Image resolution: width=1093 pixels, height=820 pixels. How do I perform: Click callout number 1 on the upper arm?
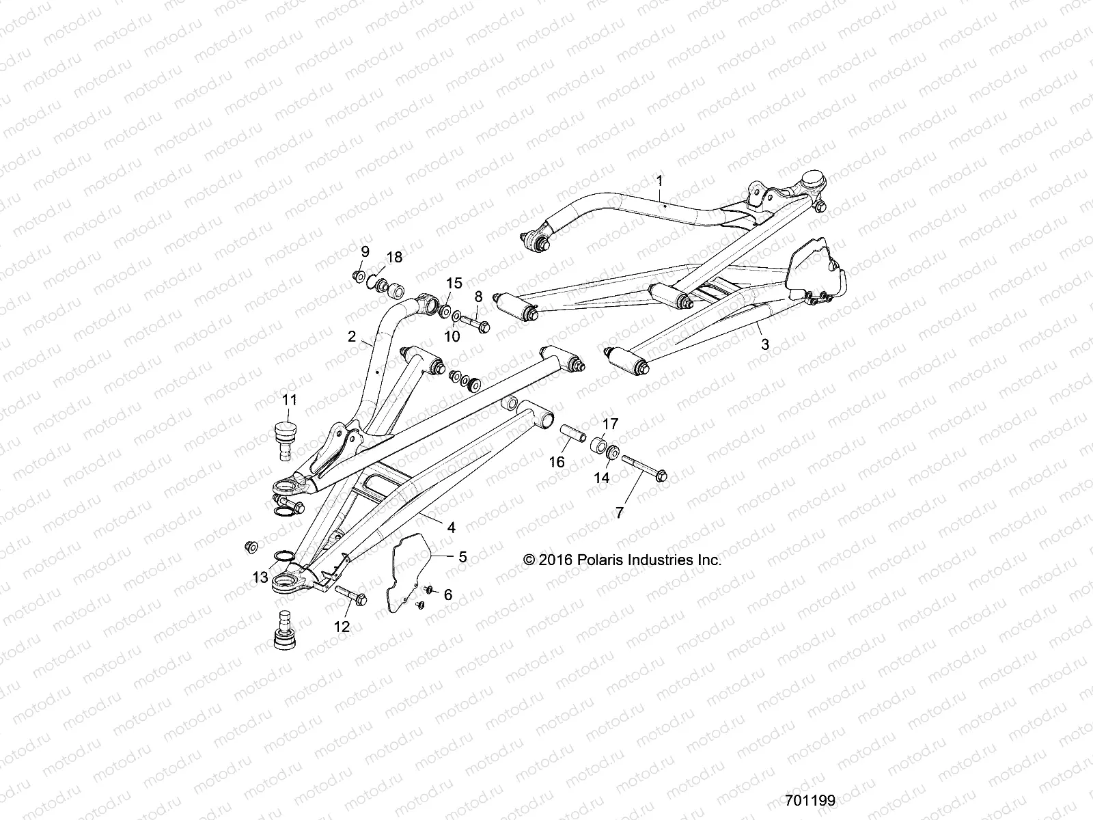[x=659, y=162]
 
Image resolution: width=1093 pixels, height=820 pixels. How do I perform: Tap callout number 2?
[x=352, y=336]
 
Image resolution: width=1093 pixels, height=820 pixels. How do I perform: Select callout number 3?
[x=765, y=345]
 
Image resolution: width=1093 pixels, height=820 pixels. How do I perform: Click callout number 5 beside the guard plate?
[x=462, y=557]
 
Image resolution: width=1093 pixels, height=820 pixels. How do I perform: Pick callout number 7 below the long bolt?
[x=620, y=512]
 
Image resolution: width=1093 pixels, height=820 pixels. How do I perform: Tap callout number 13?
[x=260, y=577]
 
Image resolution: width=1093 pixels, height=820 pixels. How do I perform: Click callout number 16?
[x=557, y=462]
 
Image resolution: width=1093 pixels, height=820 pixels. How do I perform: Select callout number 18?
[x=394, y=257]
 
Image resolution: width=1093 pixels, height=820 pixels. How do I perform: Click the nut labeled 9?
[x=357, y=276]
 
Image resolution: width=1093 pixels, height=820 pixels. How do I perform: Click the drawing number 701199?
[x=810, y=799]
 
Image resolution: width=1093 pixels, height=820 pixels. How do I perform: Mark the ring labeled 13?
[x=284, y=556]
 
